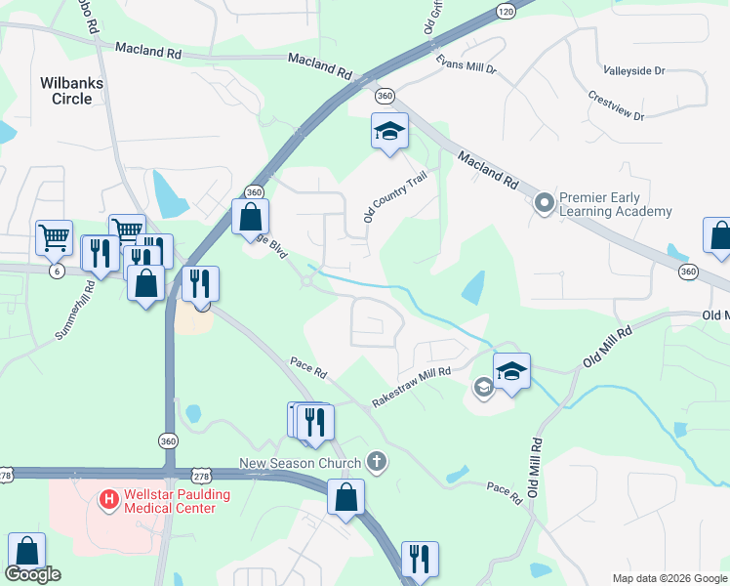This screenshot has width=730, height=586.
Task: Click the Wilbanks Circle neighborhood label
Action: [x=72, y=91]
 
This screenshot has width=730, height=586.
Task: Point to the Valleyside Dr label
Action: [x=633, y=71]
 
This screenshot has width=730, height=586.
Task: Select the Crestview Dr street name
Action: [x=616, y=107]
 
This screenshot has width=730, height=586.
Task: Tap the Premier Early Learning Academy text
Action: [x=615, y=204]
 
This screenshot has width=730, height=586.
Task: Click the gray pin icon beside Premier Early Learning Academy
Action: [x=544, y=203]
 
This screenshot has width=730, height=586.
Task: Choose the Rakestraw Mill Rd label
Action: [x=411, y=386]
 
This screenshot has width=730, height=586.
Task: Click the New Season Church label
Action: [x=303, y=461]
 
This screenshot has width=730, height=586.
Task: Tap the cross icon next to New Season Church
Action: [x=378, y=461]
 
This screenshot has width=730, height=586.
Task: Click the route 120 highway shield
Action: [x=505, y=11]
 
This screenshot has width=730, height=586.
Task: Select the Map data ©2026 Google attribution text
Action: [x=669, y=578]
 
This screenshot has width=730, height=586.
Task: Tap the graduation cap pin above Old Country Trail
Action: [x=388, y=131]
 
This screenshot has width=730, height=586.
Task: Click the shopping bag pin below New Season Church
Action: [x=345, y=497]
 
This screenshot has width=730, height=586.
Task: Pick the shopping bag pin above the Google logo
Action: [x=25, y=552]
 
